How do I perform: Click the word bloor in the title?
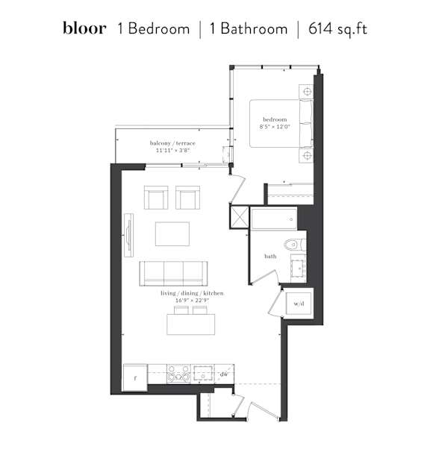[84, 28]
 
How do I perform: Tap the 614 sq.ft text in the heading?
[337, 29]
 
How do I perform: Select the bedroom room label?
[275, 119]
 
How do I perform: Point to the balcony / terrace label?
[172, 143]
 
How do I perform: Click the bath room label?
[270, 256]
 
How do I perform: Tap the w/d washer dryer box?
[299, 303]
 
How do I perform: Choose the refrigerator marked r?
[135, 377]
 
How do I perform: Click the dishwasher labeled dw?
[224, 374]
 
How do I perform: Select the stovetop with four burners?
[178, 374]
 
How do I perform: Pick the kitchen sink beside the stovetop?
[202, 373]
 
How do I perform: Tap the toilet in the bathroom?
[295, 245]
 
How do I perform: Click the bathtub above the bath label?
[274, 219]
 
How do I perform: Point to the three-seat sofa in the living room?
[174, 274]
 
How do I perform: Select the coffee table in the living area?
[172, 233]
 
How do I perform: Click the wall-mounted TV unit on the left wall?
[128, 236]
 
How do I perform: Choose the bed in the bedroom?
[281, 123]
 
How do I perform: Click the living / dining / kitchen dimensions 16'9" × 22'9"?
[192, 301]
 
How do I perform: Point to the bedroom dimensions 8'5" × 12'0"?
[275, 127]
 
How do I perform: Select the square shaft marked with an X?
[240, 217]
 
